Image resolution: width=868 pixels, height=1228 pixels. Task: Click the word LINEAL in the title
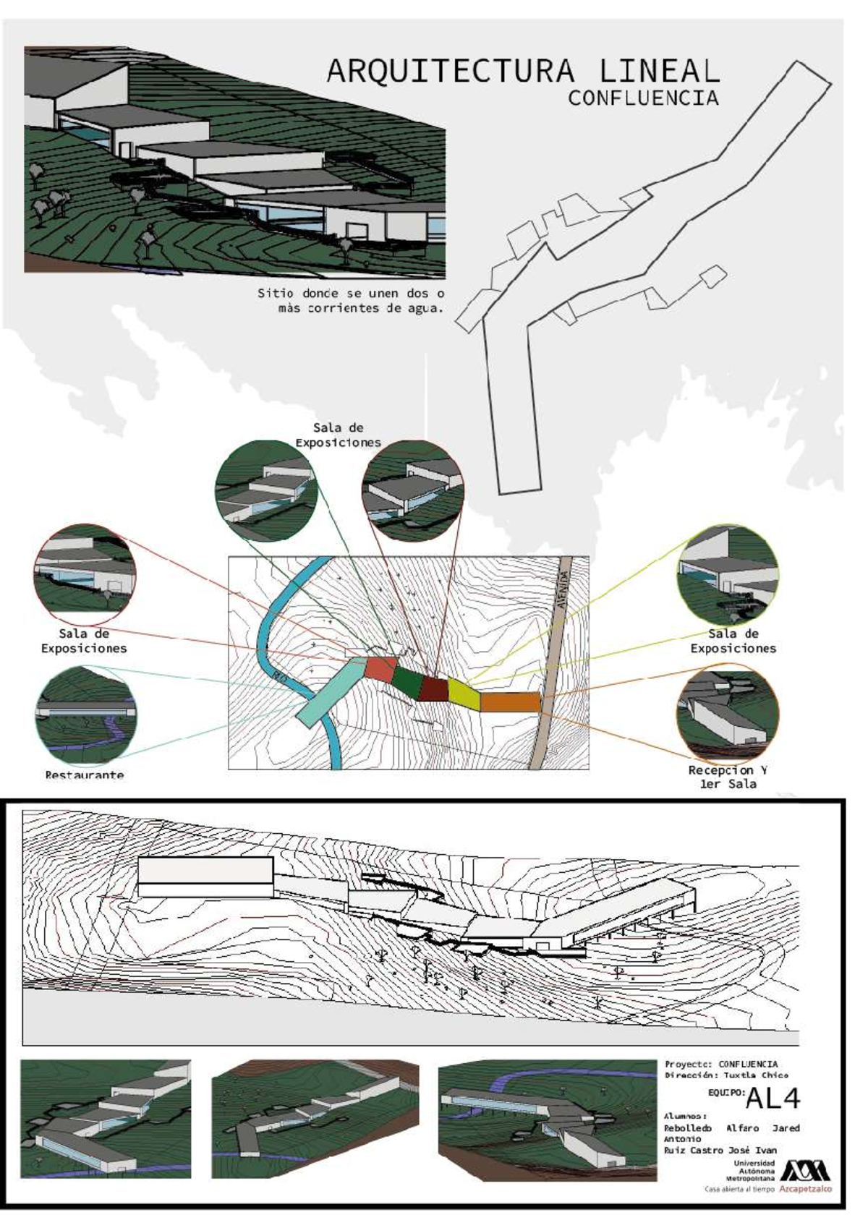pos(659,72)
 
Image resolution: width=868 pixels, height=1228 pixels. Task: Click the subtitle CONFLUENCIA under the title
pos(642,98)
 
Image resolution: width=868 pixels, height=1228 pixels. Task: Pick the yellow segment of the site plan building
pos(464,693)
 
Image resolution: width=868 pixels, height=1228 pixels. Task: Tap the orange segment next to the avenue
pos(510,702)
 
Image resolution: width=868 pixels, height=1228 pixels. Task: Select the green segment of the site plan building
pos(407,678)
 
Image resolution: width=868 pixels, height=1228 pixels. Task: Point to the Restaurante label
pos(84,775)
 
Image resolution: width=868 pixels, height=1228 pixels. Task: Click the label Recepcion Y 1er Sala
pos(727,777)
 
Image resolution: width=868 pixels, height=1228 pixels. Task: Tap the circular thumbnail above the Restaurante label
pos(85,712)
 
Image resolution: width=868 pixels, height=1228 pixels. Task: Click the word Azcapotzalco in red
pos(806,1189)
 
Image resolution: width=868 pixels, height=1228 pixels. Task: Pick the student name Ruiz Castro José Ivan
pos(720,1150)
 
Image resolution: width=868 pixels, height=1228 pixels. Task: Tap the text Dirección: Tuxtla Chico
pos(726,1075)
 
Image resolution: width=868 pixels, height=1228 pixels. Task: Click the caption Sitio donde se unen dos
pos(351,294)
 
